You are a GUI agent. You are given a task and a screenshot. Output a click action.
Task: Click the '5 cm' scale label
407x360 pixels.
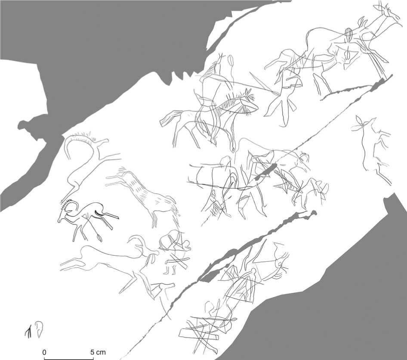click(x=98, y=352)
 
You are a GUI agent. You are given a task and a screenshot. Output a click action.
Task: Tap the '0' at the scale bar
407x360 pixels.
click(x=44, y=352)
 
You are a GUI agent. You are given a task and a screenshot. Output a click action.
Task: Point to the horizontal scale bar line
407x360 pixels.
click(x=69, y=359)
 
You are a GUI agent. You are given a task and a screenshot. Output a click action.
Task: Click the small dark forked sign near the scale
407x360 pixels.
click(x=28, y=332)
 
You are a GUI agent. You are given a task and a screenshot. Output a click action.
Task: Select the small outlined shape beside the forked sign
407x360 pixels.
click(x=39, y=329)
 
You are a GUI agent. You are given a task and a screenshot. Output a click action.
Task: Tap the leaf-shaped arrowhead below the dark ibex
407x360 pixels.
click(x=99, y=237)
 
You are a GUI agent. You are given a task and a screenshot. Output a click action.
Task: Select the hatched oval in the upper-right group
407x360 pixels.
click(x=348, y=34)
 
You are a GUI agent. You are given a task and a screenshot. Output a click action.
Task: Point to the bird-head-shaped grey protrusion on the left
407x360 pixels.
click(x=28, y=127)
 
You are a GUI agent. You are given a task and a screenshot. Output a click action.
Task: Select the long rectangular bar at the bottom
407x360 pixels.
click(x=199, y=334)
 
